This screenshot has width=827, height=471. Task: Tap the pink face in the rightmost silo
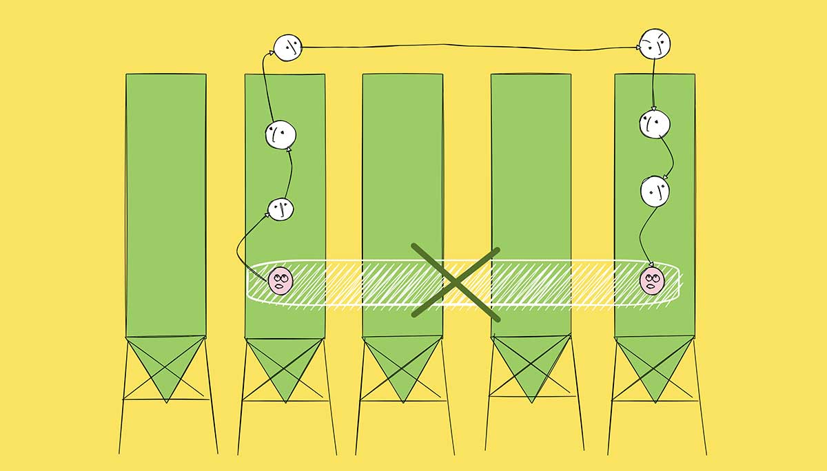click(x=651, y=280)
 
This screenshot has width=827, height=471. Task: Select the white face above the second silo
click(x=287, y=47)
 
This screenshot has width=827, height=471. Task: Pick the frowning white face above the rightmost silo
click(x=655, y=43)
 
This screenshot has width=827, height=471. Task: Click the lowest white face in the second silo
click(x=280, y=209)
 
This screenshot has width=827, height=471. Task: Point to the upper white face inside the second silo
click(x=280, y=134)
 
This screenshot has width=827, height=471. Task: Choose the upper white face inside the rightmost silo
click(x=655, y=124)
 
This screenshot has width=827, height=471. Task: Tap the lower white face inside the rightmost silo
click(x=655, y=191)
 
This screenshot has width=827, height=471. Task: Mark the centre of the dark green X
click(x=456, y=281)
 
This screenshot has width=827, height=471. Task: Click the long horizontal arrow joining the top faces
click(x=469, y=48)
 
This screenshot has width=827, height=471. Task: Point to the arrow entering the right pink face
click(x=642, y=238)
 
